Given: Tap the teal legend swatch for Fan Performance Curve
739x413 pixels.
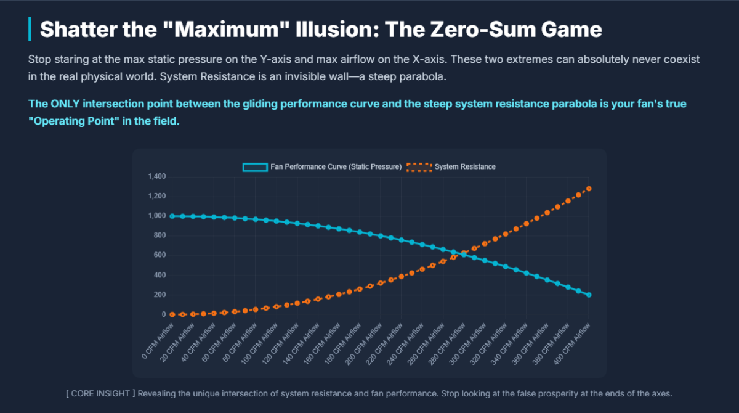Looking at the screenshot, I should (255, 167).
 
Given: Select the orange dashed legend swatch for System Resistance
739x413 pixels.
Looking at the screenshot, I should (419, 167).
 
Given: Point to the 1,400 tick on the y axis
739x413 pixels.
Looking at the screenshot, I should (157, 177).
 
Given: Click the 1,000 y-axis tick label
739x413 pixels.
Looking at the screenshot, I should (157, 216).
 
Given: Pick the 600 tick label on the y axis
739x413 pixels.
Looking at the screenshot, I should (160, 255).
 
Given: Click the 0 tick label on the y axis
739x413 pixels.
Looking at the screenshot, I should (164, 314).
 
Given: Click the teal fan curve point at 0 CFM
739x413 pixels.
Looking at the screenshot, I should (172, 216).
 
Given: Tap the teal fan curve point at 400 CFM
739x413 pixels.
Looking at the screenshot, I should (589, 295).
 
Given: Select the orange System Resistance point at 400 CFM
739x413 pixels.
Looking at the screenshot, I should (589, 189).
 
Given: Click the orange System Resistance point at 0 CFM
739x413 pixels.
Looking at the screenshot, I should (172, 314).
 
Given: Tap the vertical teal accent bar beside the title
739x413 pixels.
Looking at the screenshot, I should (30, 29).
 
